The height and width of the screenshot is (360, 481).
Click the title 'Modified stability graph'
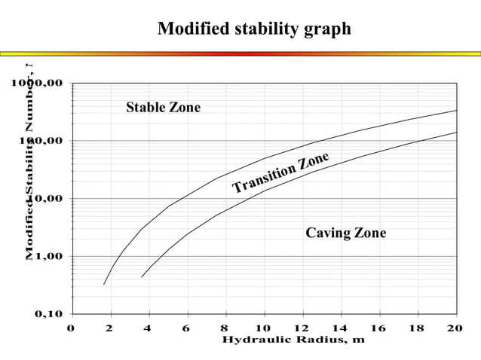click(x=254, y=29)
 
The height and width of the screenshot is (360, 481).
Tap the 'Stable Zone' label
click(x=163, y=108)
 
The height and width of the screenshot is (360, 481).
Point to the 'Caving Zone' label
click(x=345, y=233)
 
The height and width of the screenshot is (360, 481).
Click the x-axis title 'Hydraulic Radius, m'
click(x=293, y=340)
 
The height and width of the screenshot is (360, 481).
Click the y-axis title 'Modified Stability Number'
click(x=29, y=162)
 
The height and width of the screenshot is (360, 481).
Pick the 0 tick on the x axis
click(x=71, y=328)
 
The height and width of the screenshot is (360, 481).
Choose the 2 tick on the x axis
click(x=109, y=328)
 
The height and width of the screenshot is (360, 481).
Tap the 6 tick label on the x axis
click(x=186, y=328)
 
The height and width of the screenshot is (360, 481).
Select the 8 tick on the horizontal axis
click(x=225, y=328)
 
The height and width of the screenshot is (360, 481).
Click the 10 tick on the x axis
click(x=263, y=328)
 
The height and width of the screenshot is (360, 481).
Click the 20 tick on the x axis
click(x=455, y=328)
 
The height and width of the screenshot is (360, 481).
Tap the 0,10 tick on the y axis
click(x=47, y=314)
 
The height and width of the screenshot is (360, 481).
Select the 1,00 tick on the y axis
click(x=47, y=256)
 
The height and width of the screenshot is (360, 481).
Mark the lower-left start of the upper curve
click(x=104, y=285)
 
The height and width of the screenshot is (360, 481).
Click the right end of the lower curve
click(x=457, y=133)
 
